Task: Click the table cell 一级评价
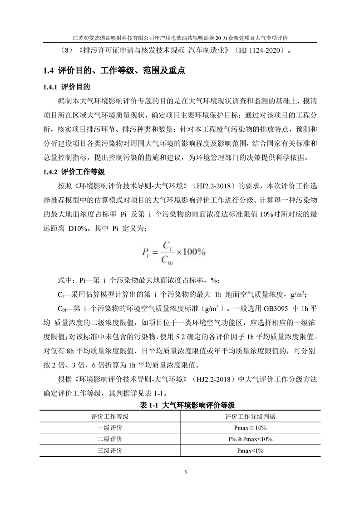110,428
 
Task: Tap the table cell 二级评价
110,439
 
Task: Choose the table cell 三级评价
110,450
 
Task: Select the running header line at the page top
180,38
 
